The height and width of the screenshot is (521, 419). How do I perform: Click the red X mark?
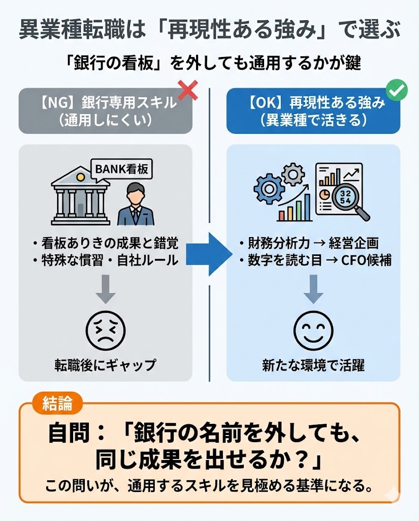[x=188, y=90]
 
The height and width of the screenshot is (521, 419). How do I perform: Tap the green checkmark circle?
[x=397, y=90]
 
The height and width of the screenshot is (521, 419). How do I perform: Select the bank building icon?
[x=80, y=195]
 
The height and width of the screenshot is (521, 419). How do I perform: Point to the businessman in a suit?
[x=136, y=204]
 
